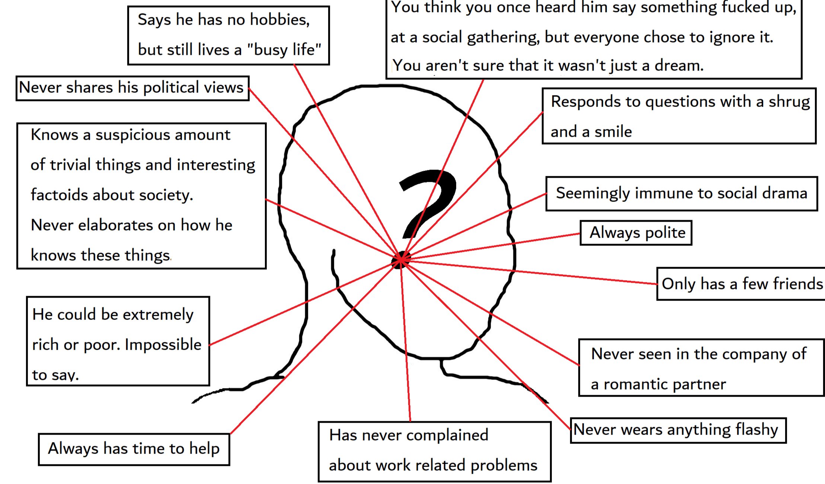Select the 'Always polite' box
coord(636,233)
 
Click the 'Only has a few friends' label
coord(742,284)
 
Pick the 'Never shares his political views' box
coord(132,88)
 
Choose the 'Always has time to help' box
coord(134,449)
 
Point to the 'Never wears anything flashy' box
coord(677,430)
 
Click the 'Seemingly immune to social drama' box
coord(681,194)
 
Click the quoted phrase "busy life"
coord(284,50)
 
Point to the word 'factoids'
coord(58,195)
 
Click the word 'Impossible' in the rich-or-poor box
coord(163,345)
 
